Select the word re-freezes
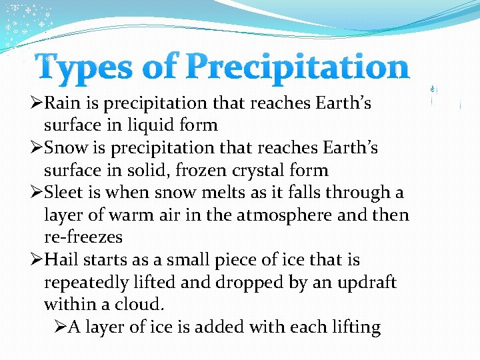(83, 237)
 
